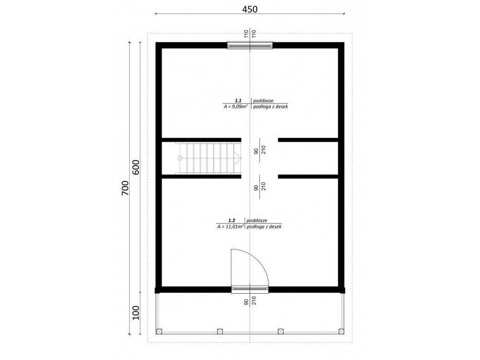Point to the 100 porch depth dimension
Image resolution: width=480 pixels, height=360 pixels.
coord(136,312)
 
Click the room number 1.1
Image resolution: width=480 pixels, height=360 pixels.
coord(238,101)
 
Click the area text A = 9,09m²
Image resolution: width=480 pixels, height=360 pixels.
coord(236,107)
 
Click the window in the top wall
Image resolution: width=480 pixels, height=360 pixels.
coord(250,45)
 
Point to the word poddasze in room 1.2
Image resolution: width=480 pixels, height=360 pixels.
coord(257,220)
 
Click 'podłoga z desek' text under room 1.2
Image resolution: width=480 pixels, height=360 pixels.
coord(264,226)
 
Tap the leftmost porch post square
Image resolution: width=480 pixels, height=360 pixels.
coord(159,331)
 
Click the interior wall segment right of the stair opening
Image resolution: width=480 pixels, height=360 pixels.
coord(308,139)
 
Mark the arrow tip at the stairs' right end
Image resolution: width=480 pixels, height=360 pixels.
coord(240,158)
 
